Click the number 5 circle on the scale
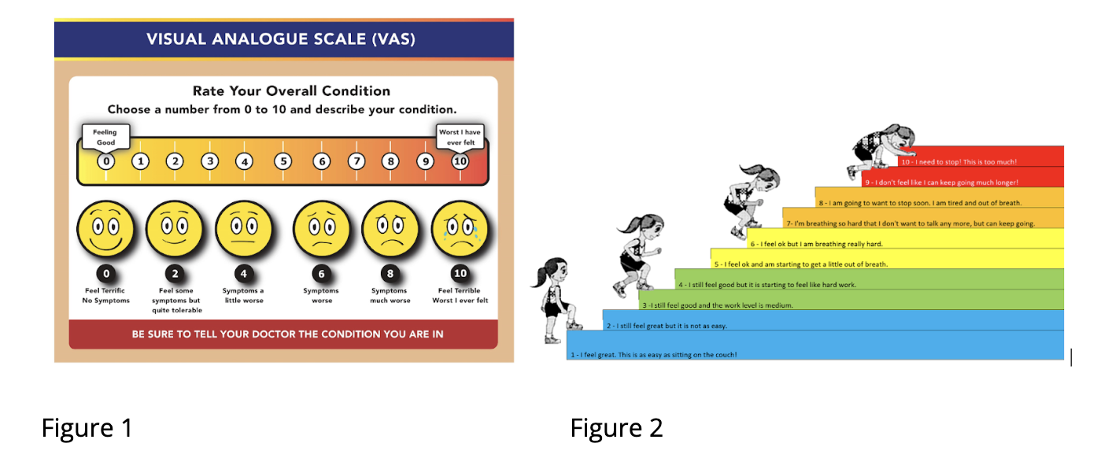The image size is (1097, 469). [282, 162]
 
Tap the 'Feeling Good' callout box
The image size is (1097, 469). [105, 137]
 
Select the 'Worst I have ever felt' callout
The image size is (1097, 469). [460, 137]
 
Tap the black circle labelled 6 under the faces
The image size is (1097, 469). [321, 274]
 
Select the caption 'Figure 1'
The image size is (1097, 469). [87, 428]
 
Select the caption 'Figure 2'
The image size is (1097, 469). [616, 428]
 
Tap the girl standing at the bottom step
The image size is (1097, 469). [555, 300]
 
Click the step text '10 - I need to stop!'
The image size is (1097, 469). [958, 162]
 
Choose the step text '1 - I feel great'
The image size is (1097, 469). [653, 355]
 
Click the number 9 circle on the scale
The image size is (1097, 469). [425, 162]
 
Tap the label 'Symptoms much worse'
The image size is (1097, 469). [390, 296]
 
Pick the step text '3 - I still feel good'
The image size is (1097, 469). [717, 305]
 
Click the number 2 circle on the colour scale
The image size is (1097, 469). [175, 162]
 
